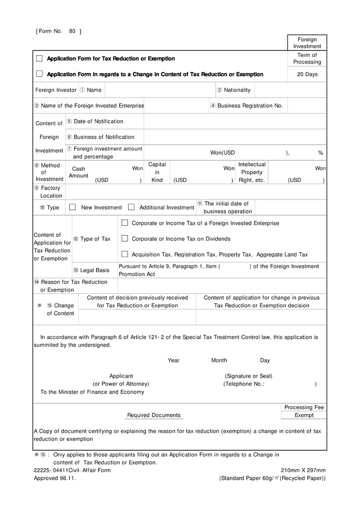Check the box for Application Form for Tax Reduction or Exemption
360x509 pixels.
click(39, 59)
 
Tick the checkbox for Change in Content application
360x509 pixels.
click(39, 74)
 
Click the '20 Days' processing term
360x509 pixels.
click(307, 75)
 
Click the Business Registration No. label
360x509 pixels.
click(247, 106)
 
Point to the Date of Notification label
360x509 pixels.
click(95, 122)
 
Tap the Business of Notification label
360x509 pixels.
click(101, 137)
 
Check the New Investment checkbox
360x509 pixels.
click(73, 207)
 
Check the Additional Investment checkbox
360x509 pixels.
click(131, 207)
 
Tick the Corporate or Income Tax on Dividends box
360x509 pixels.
click(125, 239)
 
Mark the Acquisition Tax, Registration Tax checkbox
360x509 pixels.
click(125, 254)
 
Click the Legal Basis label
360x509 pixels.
click(92, 270)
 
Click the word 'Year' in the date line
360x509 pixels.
click(174, 360)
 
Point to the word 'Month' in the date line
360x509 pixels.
click(219, 360)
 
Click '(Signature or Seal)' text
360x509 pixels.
click(248, 376)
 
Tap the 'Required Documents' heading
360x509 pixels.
click(154, 415)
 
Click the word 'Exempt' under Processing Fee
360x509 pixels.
click(304, 415)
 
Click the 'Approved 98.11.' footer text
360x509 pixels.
click(55, 478)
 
